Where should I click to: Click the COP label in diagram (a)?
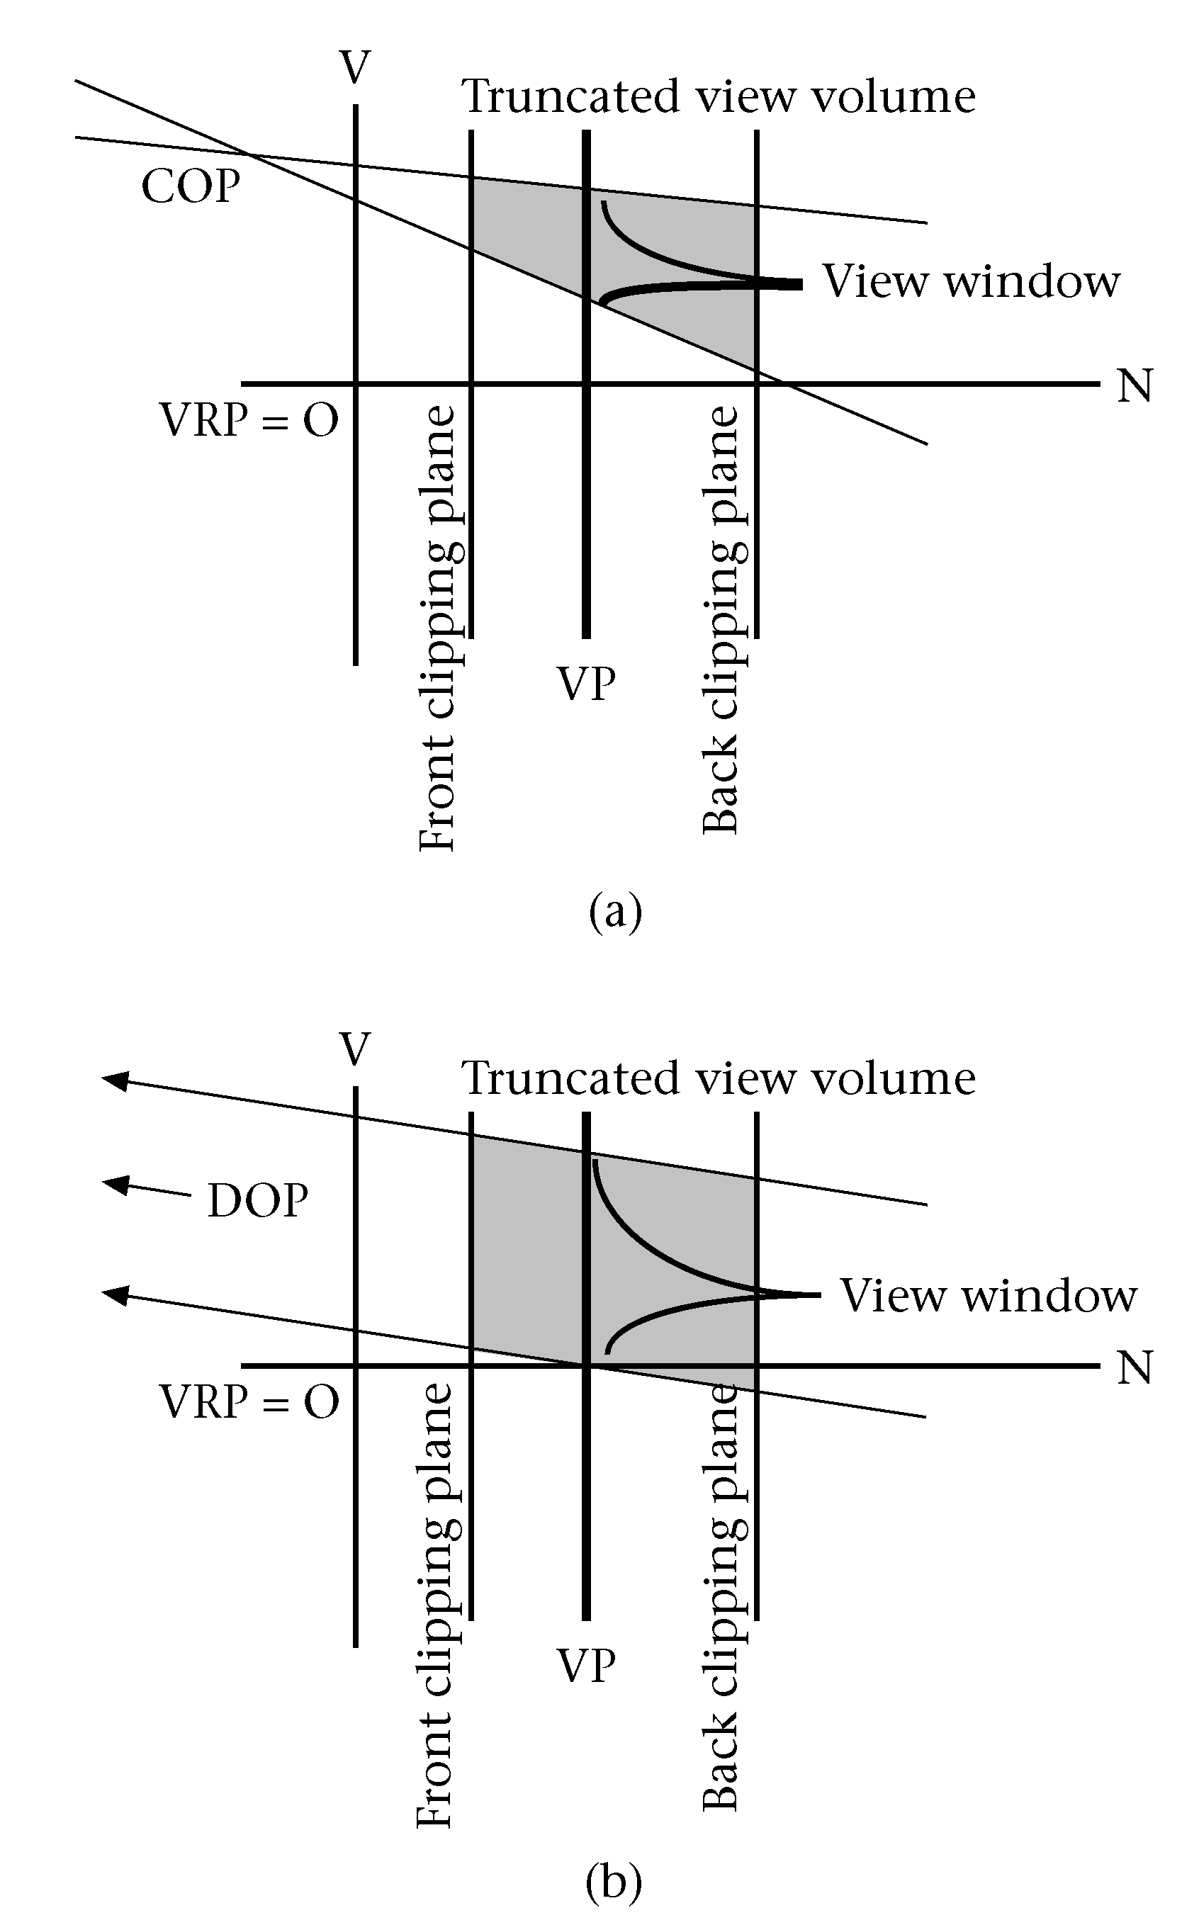(191, 187)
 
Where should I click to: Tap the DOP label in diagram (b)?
(258, 1200)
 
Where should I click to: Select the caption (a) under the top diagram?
(614, 911)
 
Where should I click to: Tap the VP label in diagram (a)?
(586, 684)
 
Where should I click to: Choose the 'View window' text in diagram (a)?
(972, 281)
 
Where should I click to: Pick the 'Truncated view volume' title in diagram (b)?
(719, 1078)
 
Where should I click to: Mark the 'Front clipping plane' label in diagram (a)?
(437, 628)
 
